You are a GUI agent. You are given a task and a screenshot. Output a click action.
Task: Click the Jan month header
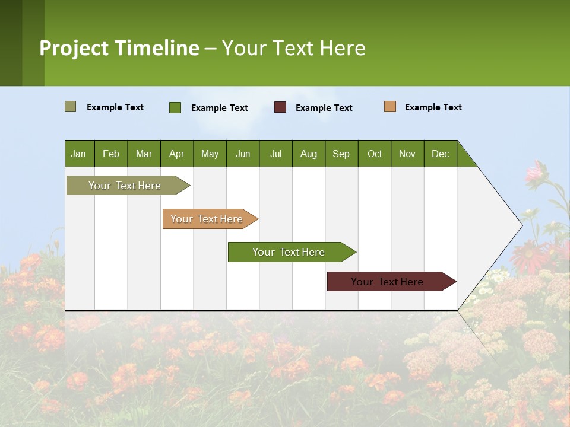78,154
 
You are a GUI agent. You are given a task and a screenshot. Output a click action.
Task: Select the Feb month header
111,154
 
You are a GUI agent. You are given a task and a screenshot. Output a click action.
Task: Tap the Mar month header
144,154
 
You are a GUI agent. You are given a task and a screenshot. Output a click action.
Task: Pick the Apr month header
176,154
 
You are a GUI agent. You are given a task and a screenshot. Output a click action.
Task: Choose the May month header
210,154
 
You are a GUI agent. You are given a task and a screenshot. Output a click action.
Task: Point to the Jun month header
243,154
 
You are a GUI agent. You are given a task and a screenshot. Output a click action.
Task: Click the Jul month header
275,154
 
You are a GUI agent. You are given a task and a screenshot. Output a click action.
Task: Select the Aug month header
309,154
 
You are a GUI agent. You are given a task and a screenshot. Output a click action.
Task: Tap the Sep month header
341,154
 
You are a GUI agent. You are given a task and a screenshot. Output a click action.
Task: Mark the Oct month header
375,154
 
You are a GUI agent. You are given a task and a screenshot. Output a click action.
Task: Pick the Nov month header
407,154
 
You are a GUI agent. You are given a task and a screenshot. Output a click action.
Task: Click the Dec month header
441,154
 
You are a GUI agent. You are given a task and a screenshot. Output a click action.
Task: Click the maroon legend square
280,107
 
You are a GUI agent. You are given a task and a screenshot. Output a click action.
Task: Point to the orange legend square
390,107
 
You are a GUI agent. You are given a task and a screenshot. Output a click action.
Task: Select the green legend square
175,107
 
